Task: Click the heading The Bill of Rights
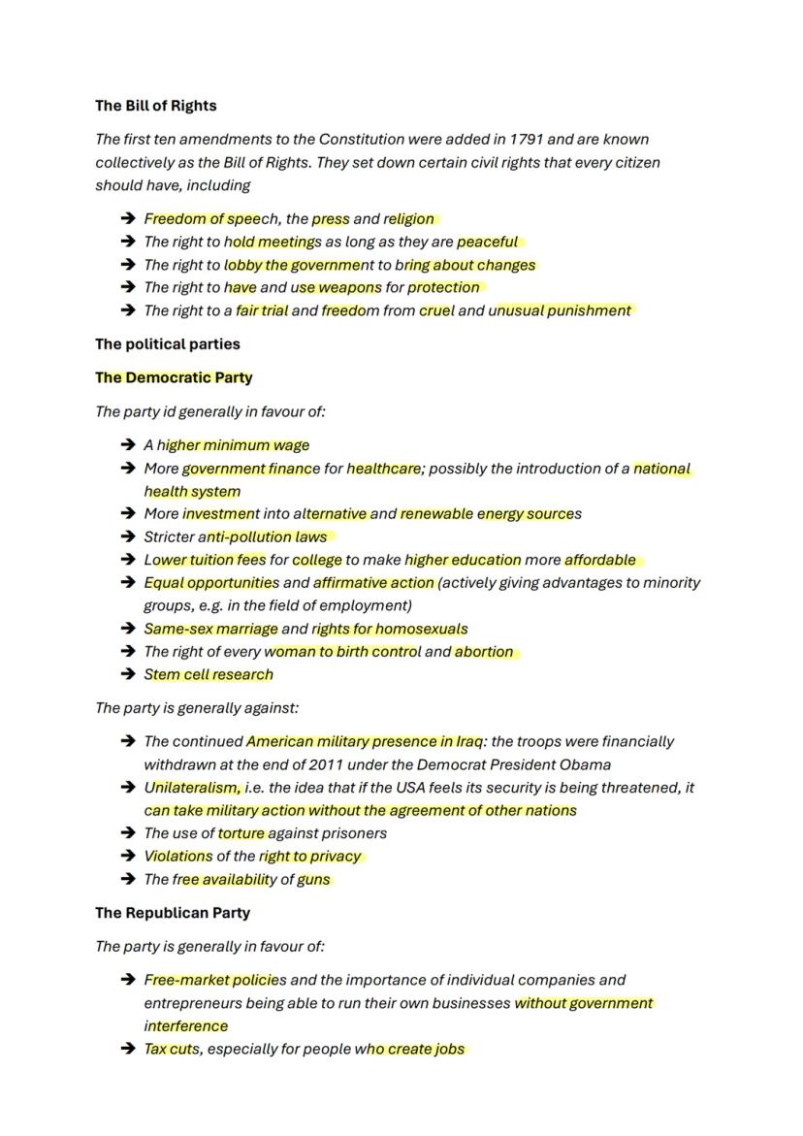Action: click(x=155, y=106)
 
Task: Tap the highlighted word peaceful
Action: click(x=488, y=242)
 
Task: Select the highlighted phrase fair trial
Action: click(x=262, y=311)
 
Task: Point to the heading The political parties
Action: click(x=167, y=344)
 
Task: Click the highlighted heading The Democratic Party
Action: click(x=174, y=377)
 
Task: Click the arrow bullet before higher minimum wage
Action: click(x=127, y=445)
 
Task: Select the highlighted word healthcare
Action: click(x=383, y=469)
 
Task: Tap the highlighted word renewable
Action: click(x=436, y=514)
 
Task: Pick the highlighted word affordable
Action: click(x=600, y=560)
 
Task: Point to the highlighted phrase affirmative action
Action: click(x=373, y=583)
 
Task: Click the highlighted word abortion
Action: click(x=484, y=652)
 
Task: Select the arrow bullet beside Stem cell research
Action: click(x=127, y=675)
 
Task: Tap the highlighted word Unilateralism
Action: click(x=192, y=788)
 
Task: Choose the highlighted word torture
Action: click(x=241, y=833)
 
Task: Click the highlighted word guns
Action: click(x=313, y=880)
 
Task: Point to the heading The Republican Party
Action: click(x=172, y=913)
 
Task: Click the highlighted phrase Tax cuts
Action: click(x=172, y=1049)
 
